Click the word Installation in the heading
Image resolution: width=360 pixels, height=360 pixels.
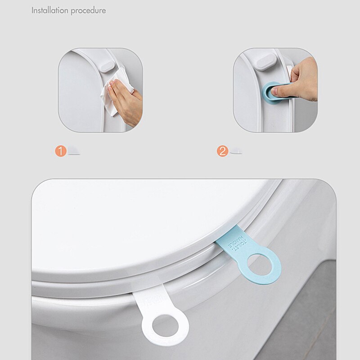pyautogui.click(x=49, y=10)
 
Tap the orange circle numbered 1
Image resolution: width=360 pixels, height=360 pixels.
pyautogui.click(x=61, y=151)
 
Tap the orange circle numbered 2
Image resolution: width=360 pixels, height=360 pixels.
pyautogui.click(x=222, y=151)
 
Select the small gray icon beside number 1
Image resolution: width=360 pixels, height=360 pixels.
pyautogui.click(x=74, y=152)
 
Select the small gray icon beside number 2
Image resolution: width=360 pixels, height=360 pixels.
pyautogui.click(x=235, y=151)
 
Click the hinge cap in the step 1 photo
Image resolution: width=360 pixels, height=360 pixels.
pyautogui.click(x=107, y=62)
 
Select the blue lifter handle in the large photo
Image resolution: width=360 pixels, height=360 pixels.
pyautogui.click(x=250, y=256)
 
